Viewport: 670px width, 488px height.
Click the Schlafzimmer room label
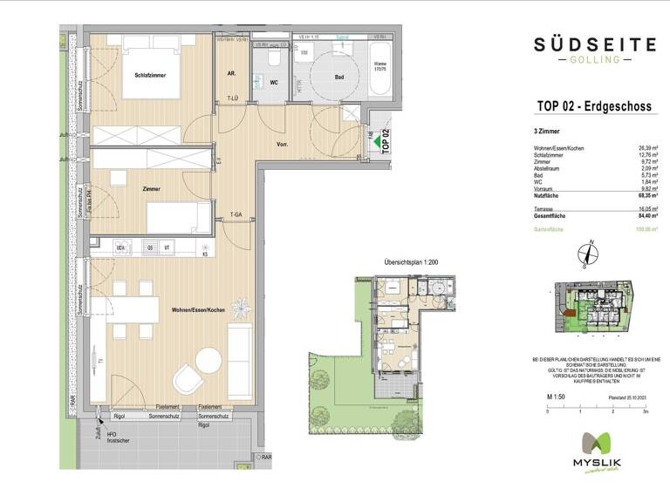pos(150,76)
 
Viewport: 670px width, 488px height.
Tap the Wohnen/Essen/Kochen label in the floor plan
pos(198,310)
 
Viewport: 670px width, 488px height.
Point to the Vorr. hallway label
pos(283,145)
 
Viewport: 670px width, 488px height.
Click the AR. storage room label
pos(232,74)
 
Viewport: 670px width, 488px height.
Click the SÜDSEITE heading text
pos(589,43)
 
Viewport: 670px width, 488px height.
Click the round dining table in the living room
pos(209,359)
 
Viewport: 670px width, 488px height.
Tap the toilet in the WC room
pos(272,58)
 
